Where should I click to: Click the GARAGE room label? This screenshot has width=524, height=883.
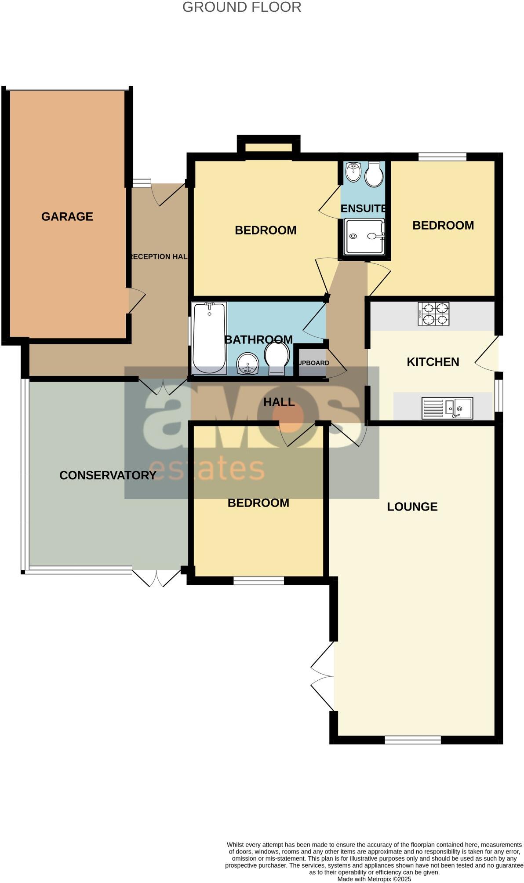point(67,216)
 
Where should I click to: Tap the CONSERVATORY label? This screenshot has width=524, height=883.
point(108,475)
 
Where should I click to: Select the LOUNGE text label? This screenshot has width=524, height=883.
point(412,507)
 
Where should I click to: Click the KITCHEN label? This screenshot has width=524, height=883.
point(433,362)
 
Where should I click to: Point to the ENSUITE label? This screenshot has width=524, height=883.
point(363,208)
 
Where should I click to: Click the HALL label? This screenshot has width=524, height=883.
point(279,402)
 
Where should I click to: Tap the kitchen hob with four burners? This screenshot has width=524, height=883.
point(433,314)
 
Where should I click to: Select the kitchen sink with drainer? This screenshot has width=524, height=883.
point(447,408)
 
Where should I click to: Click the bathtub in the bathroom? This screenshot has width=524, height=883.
point(209,338)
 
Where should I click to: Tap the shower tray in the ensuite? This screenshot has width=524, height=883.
point(364,237)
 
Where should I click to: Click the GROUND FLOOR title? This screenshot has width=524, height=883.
point(242,7)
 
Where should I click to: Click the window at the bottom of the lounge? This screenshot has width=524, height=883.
point(412,741)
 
